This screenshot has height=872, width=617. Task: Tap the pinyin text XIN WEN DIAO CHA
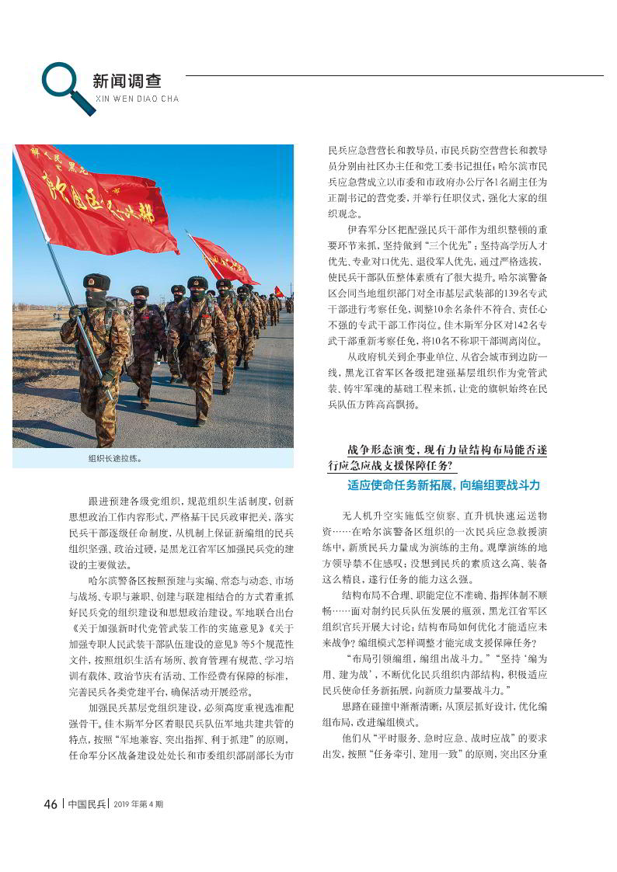(x=136, y=99)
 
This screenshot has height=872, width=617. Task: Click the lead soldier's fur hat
(x=96, y=282)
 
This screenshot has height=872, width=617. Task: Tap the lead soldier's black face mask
(x=96, y=299)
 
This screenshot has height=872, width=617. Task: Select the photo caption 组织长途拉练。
(x=115, y=458)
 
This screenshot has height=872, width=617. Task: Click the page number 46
(x=51, y=804)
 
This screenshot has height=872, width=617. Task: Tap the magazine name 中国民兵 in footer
(x=86, y=804)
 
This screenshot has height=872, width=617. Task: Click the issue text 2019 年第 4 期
(x=138, y=804)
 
